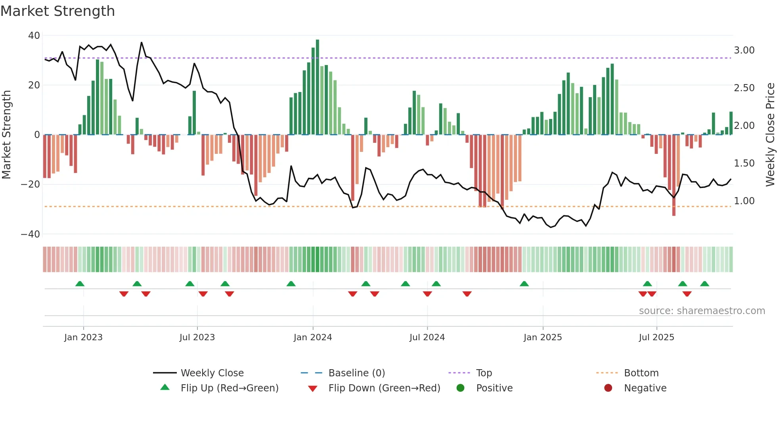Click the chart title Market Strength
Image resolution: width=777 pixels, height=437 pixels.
pos(57,11)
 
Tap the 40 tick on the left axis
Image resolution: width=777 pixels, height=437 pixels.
pos(34,36)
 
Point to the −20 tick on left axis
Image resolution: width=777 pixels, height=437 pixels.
pos(31,184)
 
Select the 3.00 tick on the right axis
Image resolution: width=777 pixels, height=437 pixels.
pos(744,50)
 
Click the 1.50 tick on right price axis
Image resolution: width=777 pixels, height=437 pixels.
pos(744,163)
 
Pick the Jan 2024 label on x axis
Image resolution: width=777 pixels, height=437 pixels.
pos(313,337)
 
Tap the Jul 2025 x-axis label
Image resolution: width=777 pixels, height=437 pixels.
pos(656,337)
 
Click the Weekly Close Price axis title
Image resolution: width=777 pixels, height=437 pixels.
pos(770,135)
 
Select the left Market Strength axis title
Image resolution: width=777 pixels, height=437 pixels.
pos(7,135)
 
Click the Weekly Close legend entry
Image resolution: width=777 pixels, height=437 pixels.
pos(212,373)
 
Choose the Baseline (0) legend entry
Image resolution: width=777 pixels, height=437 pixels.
pos(357,373)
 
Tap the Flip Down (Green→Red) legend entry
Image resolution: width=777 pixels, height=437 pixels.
pos(384,388)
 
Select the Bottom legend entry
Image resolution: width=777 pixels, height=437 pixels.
pos(641,373)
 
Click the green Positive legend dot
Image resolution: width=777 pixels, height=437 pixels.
pos(460,388)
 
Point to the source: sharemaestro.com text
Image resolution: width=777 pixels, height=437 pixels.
pos(702,311)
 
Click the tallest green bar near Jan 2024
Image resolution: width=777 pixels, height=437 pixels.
pos(318,87)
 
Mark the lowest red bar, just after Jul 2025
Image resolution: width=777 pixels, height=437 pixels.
pos(674,174)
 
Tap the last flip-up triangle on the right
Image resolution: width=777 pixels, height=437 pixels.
pos(704,284)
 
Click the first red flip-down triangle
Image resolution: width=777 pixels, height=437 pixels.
pos(124,294)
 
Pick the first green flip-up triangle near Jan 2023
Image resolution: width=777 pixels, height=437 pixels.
pos(80,284)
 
